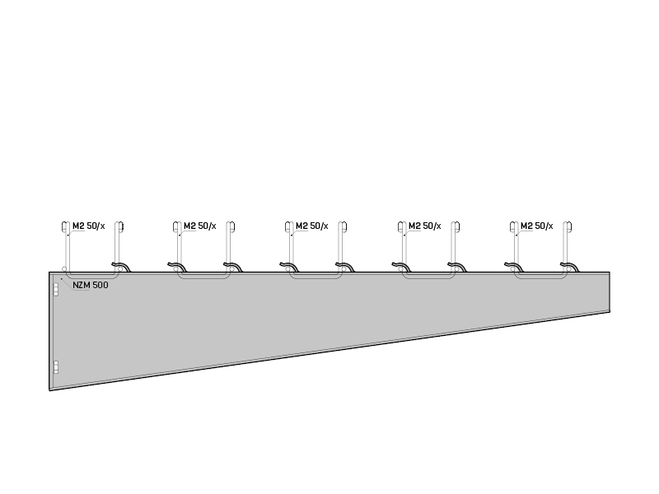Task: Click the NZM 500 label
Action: [91, 285]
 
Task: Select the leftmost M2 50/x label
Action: [89, 226]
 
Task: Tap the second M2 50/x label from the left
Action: [200, 226]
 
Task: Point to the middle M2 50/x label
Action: [312, 226]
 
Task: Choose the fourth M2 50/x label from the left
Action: [425, 226]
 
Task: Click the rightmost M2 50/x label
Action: [537, 226]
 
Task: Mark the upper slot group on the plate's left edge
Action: [55, 290]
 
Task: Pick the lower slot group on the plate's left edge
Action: [55, 367]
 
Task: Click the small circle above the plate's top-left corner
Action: [64, 269]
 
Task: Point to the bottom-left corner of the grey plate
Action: [49, 390]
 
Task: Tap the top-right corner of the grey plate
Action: [610, 273]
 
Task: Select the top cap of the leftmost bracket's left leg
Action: [66, 227]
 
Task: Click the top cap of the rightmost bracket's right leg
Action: [568, 227]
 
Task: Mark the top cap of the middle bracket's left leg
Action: [289, 227]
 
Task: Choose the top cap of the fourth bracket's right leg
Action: [456, 227]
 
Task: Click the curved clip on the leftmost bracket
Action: [121, 267]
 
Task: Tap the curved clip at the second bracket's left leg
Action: [177, 267]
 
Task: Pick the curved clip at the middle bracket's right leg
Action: [344, 267]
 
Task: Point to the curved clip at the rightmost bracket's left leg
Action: [513, 267]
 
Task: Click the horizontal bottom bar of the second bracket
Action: [203, 277]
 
